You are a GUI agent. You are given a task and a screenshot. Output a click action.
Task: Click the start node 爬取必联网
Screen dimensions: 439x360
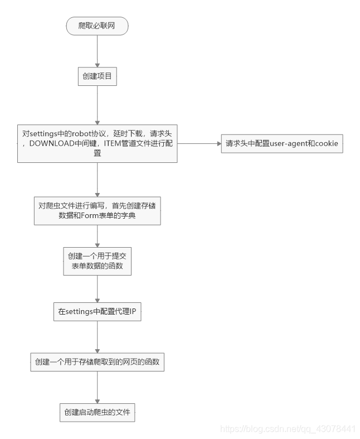tap(97, 26)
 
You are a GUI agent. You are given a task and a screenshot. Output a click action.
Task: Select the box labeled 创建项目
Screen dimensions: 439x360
tap(97, 76)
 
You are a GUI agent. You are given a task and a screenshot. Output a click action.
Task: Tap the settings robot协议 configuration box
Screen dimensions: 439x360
tap(97, 143)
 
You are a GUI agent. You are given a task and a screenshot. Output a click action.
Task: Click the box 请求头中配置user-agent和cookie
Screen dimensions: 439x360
tap(282, 143)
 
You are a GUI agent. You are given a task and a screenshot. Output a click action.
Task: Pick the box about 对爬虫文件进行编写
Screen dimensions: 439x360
tap(97, 210)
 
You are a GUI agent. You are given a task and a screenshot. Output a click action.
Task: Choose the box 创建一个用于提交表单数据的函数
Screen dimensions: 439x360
tap(97, 261)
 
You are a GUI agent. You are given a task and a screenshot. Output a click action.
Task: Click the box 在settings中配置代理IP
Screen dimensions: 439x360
tap(97, 312)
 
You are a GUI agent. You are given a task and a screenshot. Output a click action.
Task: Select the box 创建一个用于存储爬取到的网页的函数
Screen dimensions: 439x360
tap(97, 362)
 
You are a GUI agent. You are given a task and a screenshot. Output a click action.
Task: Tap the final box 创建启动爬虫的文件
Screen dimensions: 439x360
tap(97, 413)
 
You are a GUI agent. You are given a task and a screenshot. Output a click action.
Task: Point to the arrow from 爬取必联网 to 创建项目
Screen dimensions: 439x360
tap(97, 50)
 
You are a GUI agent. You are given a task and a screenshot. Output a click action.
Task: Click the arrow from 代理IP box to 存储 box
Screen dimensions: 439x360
tap(97, 337)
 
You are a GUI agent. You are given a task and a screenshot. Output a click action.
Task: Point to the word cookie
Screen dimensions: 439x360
tap(325, 144)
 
